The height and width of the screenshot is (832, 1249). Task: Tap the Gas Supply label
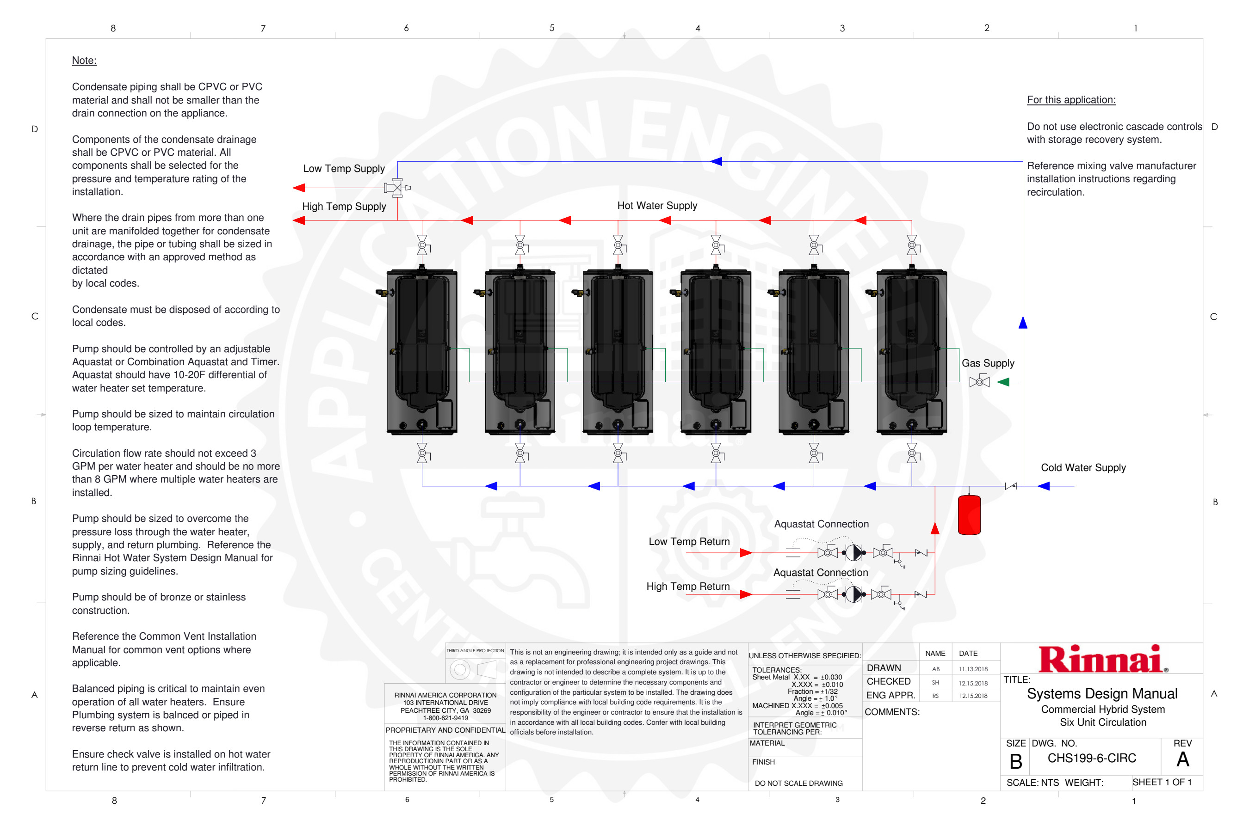click(x=988, y=363)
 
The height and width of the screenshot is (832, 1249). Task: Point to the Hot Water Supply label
click(x=657, y=205)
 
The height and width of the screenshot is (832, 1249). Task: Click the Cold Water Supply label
click(x=1083, y=467)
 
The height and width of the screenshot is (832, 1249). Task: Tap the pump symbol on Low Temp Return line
click(x=853, y=552)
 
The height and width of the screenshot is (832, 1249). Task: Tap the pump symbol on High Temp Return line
click(x=853, y=594)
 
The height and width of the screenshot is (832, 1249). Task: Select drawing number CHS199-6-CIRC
click(x=1091, y=758)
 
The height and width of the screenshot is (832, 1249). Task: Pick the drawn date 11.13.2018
click(x=973, y=669)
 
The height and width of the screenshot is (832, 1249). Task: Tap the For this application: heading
click(x=1070, y=100)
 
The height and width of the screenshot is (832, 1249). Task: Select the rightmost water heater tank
click(x=911, y=352)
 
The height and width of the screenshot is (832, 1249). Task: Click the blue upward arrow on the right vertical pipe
click(x=1023, y=323)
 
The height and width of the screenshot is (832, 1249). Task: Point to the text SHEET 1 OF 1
click(x=1162, y=782)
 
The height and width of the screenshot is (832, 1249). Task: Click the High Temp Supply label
click(x=344, y=207)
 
